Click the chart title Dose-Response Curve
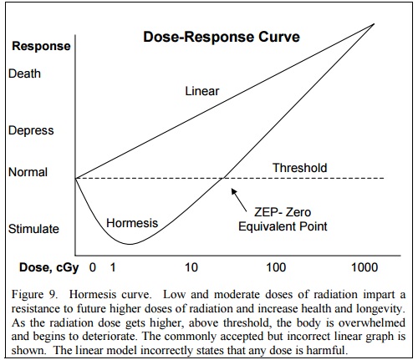(x=222, y=37)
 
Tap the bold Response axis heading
(x=41, y=46)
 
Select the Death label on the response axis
(x=24, y=74)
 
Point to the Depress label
(x=31, y=130)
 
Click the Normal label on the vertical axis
(x=28, y=172)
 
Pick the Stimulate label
(x=33, y=229)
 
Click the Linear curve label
(x=202, y=91)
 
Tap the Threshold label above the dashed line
(x=299, y=168)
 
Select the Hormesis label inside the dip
(x=132, y=223)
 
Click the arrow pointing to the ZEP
(x=239, y=200)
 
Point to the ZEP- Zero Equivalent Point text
(x=283, y=219)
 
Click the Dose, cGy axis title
(x=49, y=267)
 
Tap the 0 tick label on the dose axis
(x=93, y=267)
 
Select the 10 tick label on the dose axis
(x=191, y=267)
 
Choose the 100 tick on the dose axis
(x=276, y=267)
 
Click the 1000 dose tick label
(x=364, y=267)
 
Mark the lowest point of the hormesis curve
(x=130, y=245)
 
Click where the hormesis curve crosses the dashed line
(x=223, y=178)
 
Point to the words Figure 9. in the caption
(x=34, y=295)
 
